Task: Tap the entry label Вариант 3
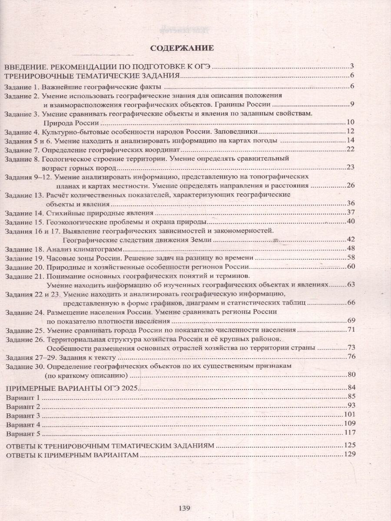pos(22,415)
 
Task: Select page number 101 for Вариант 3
pos(349,415)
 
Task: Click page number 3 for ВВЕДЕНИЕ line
pos(352,66)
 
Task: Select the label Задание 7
pos(20,150)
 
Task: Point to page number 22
pos(351,150)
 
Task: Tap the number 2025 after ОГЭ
pos(128,387)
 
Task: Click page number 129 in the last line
pos(349,455)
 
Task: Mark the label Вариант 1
pos(22,397)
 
